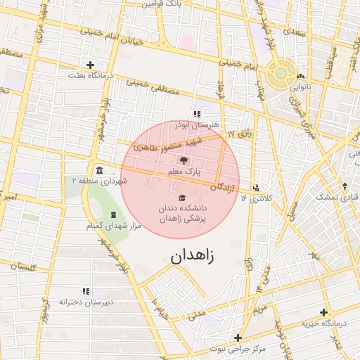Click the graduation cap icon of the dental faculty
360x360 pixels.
tap(182, 198)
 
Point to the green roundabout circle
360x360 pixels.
tap(281, 72)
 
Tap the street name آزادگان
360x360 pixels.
tap(217, 186)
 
